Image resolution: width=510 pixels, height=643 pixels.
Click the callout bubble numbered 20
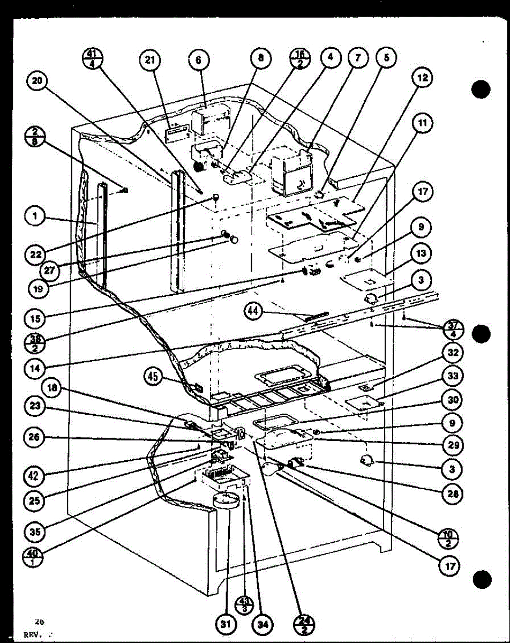click(39, 82)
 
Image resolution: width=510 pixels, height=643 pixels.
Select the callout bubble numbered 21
click(151, 61)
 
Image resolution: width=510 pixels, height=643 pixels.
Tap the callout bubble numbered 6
click(198, 61)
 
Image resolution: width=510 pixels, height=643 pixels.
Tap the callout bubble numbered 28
click(453, 494)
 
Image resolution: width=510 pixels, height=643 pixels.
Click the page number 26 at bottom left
click(39, 622)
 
